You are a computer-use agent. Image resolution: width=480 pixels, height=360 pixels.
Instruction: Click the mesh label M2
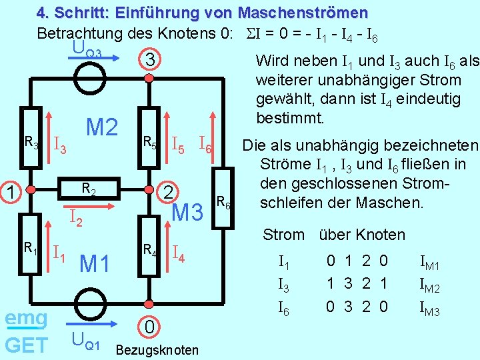(102, 127)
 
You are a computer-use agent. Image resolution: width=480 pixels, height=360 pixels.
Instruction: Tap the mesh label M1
(94, 264)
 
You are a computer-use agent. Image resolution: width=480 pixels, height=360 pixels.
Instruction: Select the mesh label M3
(187, 213)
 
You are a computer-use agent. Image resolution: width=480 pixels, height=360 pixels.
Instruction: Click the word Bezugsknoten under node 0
(157, 350)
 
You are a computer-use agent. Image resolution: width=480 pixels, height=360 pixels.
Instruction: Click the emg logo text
(26, 318)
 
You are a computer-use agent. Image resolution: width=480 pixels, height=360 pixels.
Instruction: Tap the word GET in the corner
(25, 345)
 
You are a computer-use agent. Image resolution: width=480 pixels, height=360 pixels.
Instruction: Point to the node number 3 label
(151, 61)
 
